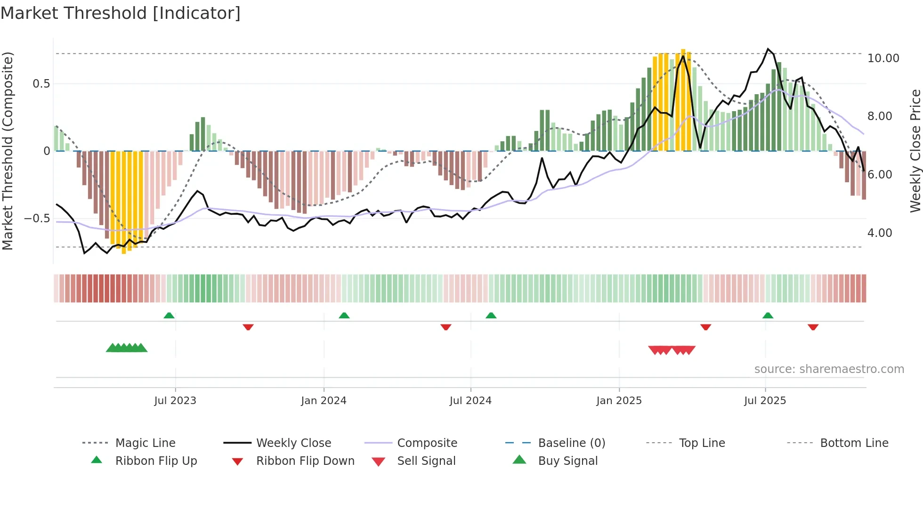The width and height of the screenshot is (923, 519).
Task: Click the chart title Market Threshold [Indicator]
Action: pos(121,13)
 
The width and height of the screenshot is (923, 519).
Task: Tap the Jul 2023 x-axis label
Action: pos(175,401)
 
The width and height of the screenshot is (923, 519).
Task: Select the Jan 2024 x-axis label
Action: pos(324,401)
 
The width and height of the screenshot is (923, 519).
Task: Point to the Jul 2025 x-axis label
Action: pos(765,401)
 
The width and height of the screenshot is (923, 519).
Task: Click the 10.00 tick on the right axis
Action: pos(883,58)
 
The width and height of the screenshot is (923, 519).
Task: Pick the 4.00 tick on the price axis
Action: pos(879,233)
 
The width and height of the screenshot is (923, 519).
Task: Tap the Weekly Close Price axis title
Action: pos(915,151)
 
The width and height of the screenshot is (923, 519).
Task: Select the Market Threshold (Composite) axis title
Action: pos(8,151)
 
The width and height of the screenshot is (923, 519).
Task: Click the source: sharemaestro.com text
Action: pos(829,369)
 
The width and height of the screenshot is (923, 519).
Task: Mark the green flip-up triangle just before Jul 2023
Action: pos(169,316)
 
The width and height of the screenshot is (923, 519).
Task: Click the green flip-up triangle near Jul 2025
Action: pos(768,316)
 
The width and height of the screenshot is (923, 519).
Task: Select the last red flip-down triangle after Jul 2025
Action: pos(813,327)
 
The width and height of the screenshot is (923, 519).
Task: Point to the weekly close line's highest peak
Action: pos(768,49)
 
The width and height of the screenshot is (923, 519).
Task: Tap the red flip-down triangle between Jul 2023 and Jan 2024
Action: pos(248,327)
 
